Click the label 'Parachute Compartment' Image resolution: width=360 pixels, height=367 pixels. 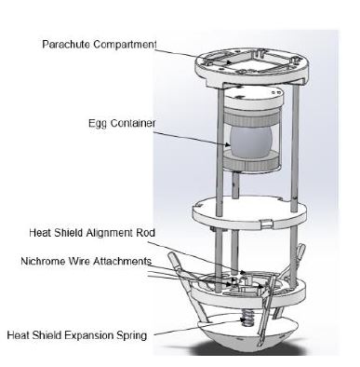(100, 45)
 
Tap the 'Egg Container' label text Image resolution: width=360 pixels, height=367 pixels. (122, 123)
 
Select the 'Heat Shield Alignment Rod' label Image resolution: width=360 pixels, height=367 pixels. (92, 233)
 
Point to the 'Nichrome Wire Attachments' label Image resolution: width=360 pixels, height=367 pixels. (87, 261)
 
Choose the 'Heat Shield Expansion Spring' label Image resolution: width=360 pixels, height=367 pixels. (77, 335)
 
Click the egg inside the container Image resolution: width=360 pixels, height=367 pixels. (251, 141)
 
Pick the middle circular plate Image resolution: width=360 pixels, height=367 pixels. (249, 212)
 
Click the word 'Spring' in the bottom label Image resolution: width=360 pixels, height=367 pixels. (131, 335)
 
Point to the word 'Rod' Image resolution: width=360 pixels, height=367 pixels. (146, 233)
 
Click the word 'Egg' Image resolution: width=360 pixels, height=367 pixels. (98, 124)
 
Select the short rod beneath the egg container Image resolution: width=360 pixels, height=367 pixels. (235, 185)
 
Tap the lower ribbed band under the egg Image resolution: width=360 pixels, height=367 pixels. (251, 160)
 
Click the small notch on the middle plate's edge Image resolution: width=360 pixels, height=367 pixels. (267, 223)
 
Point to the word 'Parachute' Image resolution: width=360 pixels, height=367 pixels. (66, 45)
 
